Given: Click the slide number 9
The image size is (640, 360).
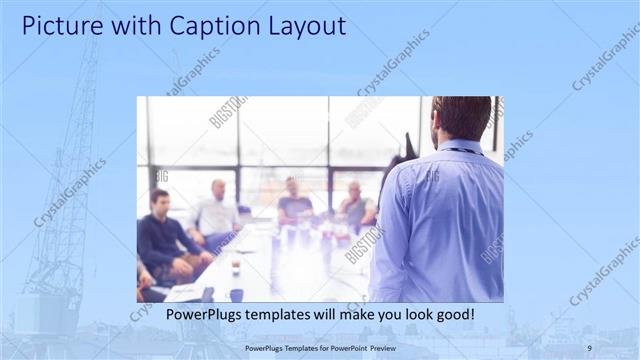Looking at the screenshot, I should coord(589,347).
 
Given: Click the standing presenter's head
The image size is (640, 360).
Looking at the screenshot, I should coord(462,118).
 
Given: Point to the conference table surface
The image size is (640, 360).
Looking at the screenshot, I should coord(280,265).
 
